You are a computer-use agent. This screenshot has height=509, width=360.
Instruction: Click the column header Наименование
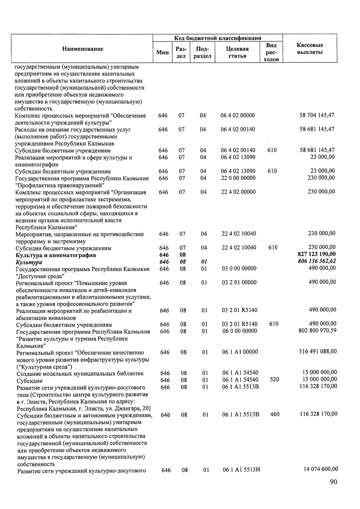(x=83, y=49)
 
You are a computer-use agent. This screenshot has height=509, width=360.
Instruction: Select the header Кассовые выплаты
(x=310, y=49)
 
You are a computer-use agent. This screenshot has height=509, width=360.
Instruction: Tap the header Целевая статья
(x=237, y=52)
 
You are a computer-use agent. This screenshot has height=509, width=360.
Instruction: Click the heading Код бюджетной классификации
(x=218, y=38)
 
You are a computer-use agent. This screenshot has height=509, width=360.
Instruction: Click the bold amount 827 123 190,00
(x=316, y=254)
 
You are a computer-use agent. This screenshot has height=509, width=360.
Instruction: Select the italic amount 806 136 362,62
(x=316, y=261)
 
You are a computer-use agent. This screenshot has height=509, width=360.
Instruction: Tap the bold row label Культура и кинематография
(x=56, y=255)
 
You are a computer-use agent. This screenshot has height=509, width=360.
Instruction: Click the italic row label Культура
(x=29, y=262)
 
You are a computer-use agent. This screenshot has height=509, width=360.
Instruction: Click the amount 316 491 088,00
(x=318, y=351)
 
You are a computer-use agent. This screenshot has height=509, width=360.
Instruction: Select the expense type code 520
(x=274, y=379)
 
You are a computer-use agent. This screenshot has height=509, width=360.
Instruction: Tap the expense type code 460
(x=274, y=414)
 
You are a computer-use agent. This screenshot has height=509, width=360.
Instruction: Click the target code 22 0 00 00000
(x=238, y=178)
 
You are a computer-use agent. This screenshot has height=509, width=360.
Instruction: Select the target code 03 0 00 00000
(x=239, y=268)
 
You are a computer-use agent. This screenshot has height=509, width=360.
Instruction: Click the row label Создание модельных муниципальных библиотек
(x=80, y=374)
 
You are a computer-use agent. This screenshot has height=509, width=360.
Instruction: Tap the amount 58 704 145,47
(x=317, y=115)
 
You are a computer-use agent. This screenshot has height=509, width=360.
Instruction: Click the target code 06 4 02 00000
(x=238, y=115)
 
